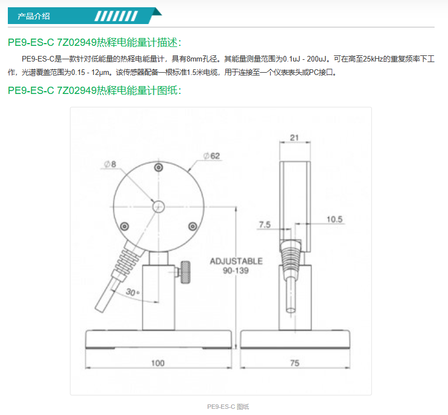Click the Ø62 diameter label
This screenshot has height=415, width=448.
[x=212, y=156]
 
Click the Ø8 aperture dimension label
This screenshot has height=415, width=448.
[x=110, y=164]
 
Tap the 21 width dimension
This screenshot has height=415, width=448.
[x=294, y=138]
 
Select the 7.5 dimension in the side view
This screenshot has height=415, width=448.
[x=265, y=225]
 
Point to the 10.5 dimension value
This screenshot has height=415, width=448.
[x=334, y=219]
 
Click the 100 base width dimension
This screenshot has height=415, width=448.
[x=158, y=363]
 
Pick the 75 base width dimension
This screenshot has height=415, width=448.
[x=295, y=363]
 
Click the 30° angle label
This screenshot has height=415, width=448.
[x=133, y=292]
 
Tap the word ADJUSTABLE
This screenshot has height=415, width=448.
[x=236, y=261]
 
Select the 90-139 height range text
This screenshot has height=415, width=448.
[x=235, y=271]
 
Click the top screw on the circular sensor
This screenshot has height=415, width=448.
[x=159, y=167]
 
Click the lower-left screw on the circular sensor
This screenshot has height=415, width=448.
[x=124, y=227]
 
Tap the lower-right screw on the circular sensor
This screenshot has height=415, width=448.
[x=193, y=227]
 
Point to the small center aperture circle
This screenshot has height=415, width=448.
[x=159, y=206]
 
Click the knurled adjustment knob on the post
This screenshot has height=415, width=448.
[x=185, y=272]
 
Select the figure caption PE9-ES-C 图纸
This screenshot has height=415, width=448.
[x=228, y=407]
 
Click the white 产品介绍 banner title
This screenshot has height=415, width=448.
[x=34, y=16]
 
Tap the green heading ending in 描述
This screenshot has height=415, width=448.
[x=95, y=43]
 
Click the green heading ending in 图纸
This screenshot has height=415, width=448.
[x=95, y=91]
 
